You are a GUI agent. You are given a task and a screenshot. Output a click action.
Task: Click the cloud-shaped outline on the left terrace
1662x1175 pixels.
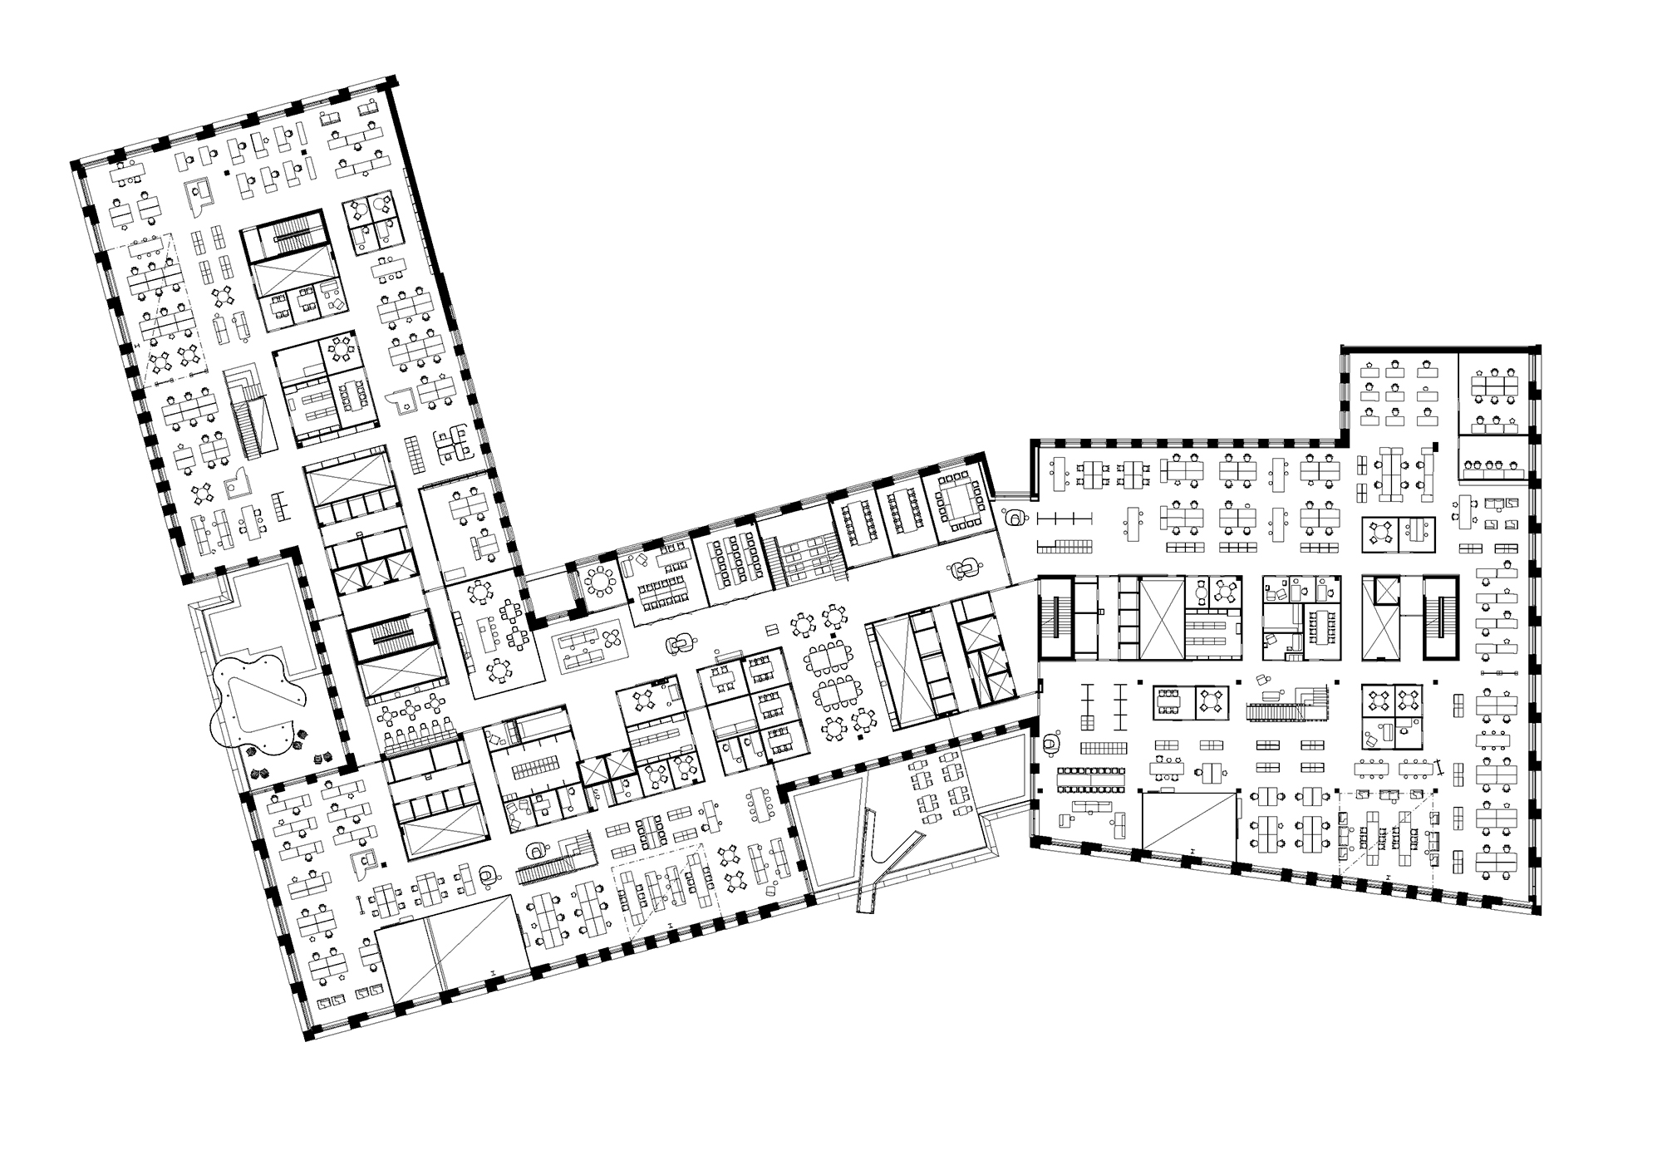pos(254,700)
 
